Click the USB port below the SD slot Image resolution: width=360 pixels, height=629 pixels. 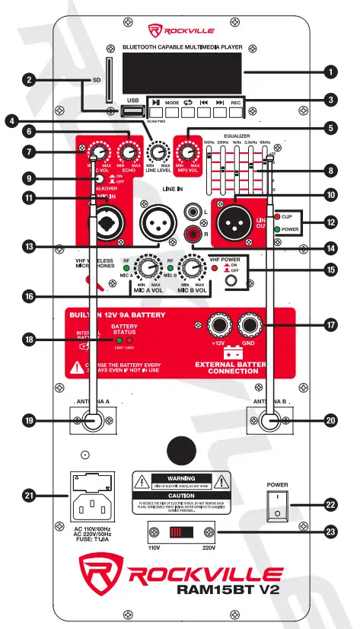point(130,112)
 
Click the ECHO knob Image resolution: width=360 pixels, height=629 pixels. point(128,149)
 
